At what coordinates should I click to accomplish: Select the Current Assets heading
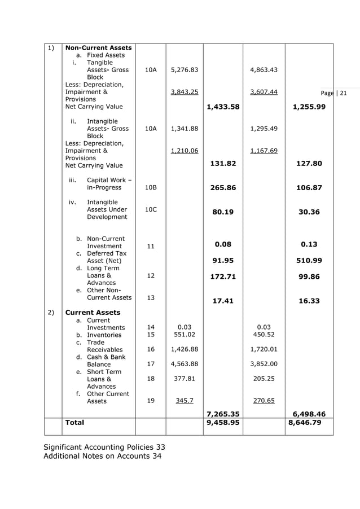point(93,312)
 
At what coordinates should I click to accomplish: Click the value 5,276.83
point(184,70)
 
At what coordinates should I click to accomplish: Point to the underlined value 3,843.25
point(184,92)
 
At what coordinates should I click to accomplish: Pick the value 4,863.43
point(264,70)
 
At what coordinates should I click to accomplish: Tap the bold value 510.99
point(309,261)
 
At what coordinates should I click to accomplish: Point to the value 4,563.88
point(184,364)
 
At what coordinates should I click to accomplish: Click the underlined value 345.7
point(184,401)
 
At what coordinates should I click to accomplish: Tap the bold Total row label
point(74,422)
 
